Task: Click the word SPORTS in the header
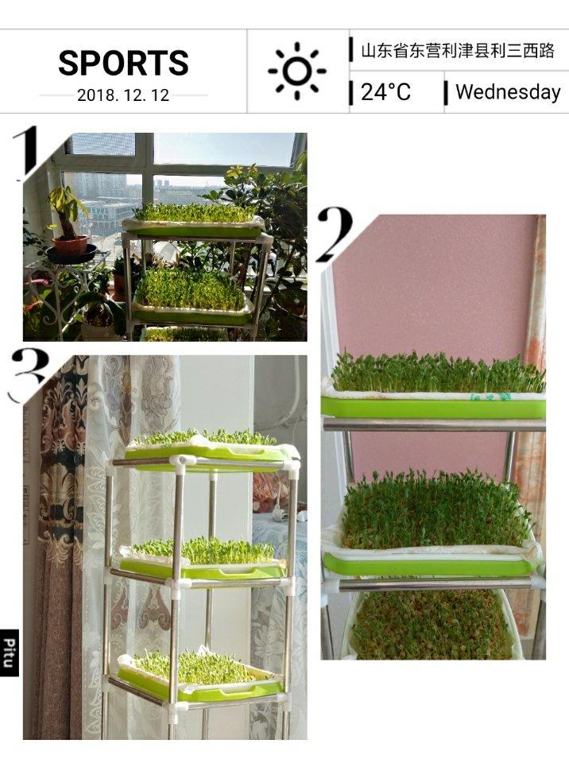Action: click(123, 63)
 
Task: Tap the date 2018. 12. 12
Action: click(123, 95)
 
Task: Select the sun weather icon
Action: click(297, 71)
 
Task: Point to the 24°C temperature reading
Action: click(385, 91)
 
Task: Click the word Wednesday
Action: click(508, 91)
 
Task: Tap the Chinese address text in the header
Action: click(457, 50)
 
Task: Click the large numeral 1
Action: click(26, 153)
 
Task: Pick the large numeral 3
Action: click(30, 375)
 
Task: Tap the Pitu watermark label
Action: click(10, 653)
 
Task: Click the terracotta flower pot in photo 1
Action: click(71, 245)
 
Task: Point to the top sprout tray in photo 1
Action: click(194, 221)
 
